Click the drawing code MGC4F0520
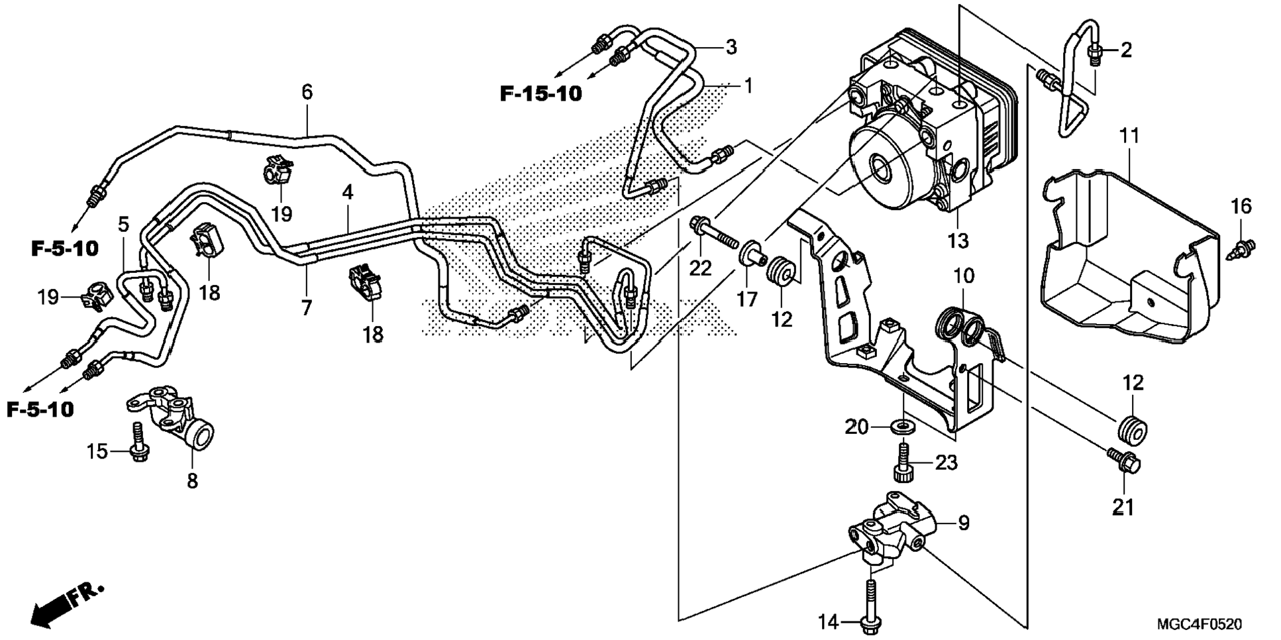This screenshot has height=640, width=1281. click(x=1199, y=624)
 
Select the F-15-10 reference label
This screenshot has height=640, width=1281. click(x=540, y=94)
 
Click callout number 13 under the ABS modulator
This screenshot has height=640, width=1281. click(x=957, y=241)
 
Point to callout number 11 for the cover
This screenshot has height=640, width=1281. click(x=1129, y=136)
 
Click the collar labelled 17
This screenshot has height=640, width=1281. click(x=750, y=258)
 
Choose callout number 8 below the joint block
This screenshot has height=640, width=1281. click(x=192, y=481)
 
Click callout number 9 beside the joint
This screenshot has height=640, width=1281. click(x=964, y=523)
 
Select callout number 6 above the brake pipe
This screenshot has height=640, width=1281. click(x=307, y=93)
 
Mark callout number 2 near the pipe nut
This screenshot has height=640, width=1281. click(x=1126, y=50)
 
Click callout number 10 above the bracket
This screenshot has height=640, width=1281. click(x=964, y=276)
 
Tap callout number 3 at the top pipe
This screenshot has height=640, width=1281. click(x=731, y=47)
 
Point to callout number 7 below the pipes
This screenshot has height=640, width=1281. click(x=306, y=308)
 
